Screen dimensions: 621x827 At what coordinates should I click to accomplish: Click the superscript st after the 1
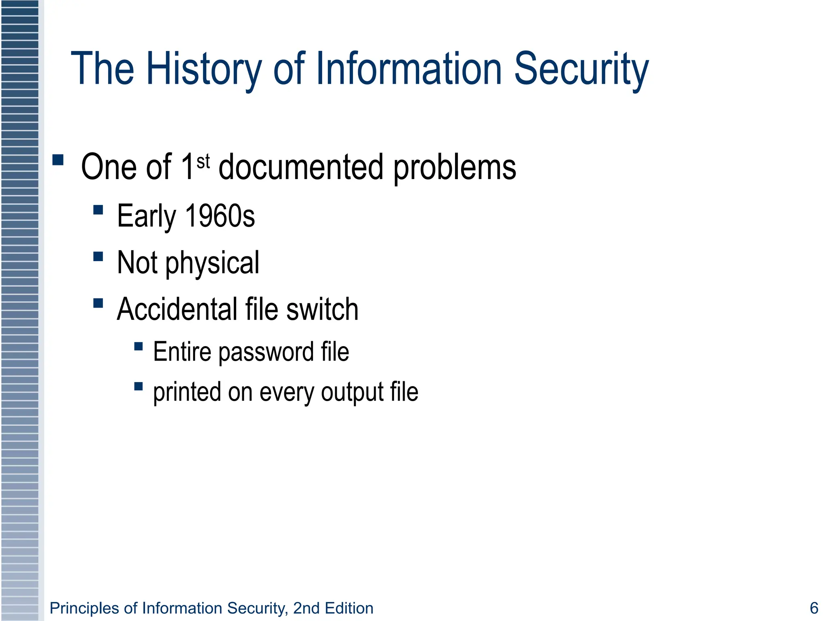point(203,162)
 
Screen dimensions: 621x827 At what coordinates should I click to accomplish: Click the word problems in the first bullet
point(455,168)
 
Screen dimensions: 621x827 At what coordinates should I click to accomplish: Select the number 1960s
point(220,216)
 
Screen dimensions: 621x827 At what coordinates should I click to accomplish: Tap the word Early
point(146,217)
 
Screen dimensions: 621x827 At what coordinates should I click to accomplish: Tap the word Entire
point(182,351)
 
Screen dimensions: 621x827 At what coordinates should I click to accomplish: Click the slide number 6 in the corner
point(814,608)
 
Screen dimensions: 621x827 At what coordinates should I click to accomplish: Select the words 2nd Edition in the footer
point(333,608)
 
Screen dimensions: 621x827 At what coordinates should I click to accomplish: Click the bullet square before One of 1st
point(58,160)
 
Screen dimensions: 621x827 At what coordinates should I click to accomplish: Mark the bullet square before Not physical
point(98,257)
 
